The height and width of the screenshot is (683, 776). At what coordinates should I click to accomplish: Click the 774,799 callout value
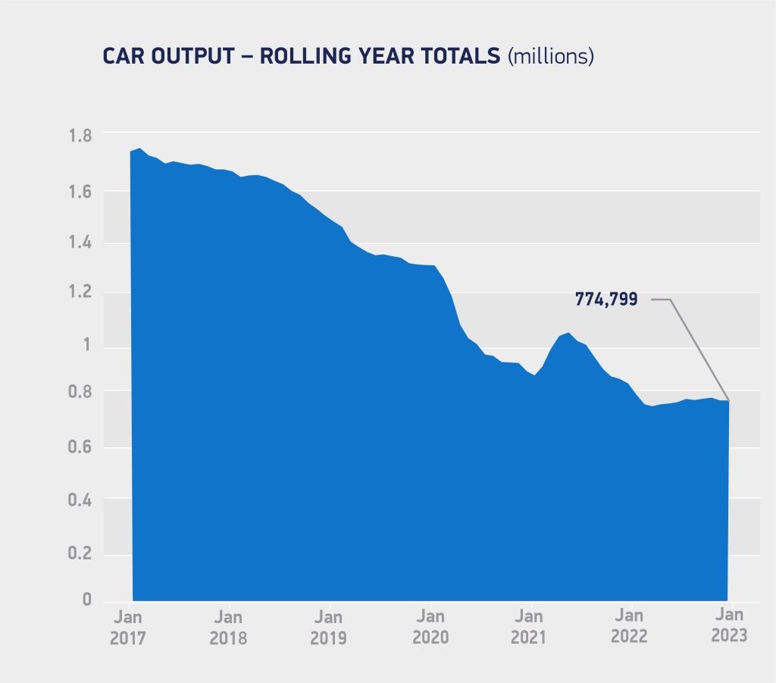click(606, 299)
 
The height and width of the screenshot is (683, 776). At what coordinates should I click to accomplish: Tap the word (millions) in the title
click(551, 57)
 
